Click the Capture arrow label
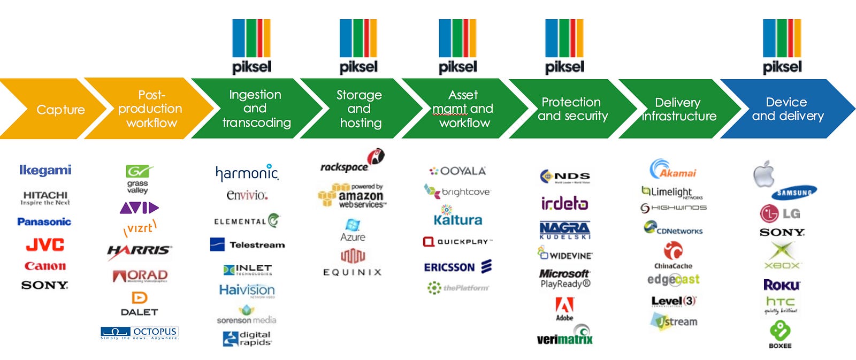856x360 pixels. pyautogui.click(x=60, y=110)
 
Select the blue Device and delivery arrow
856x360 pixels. pyautogui.click(x=786, y=109)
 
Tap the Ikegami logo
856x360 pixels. pyautogui.click(x=45, y=170)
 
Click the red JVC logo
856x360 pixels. pyautogui.click(x=45, y=245)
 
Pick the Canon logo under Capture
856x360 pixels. pyautogui.click(x=45, y=266)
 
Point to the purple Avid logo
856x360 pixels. pyautogui.click(x=139, y=208)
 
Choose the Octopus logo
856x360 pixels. pyautogui.click(x=139, y=333)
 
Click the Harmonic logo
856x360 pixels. pyautogui.click(x=247, y=173)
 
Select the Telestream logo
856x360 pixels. pyautogui.click(x=247, y=244)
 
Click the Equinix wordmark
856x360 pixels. pyautogui.click(x=352, y=272)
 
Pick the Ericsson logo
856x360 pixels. pyautogui.click(x=457, y=267)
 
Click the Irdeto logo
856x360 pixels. pyautogui.click(x=564, y=203)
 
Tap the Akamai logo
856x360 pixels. pyautogui.click(x=672, y=170)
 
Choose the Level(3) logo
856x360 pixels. pyautogui.click(x=674, y=301)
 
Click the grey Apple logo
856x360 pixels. pyautogui.click(x=764, y=174)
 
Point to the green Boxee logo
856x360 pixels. pyautogui.click(x=780, y=334)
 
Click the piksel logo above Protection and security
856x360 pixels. pyautogui.click(x=564, y=47)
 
